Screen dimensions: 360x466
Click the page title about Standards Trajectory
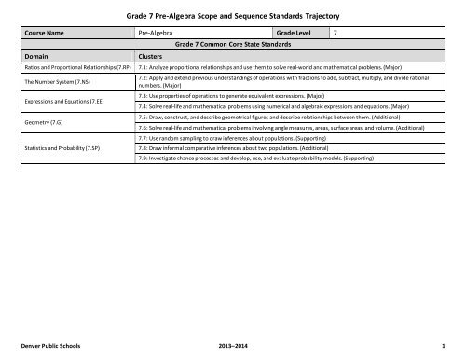(x=233, y=13)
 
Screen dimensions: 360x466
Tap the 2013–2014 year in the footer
(x=233, y=342)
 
